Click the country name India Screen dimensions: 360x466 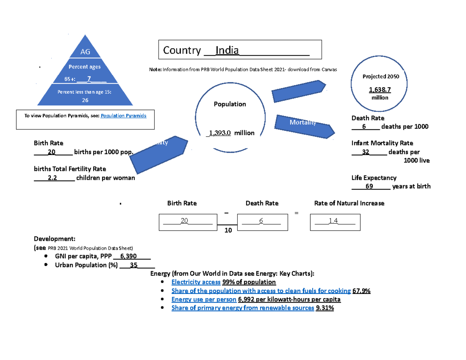pos(227,50)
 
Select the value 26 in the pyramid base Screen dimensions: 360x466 pos(85,100)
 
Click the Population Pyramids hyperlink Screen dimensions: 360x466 pos(123,116)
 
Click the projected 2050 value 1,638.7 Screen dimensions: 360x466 pos(379,90)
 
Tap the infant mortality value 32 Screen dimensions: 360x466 pos(365,152)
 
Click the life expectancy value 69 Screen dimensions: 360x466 pos(369,186)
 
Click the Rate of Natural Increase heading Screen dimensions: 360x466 pos(349,203)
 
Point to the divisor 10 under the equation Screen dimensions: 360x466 pos(228,230)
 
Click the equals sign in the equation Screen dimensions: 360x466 pos(297,213)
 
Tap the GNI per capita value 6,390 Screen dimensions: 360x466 pos(129,256)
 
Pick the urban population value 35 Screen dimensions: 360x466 pos(133,266)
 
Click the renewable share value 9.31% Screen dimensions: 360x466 pos(325,308)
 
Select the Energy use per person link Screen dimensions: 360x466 pos(203,299)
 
